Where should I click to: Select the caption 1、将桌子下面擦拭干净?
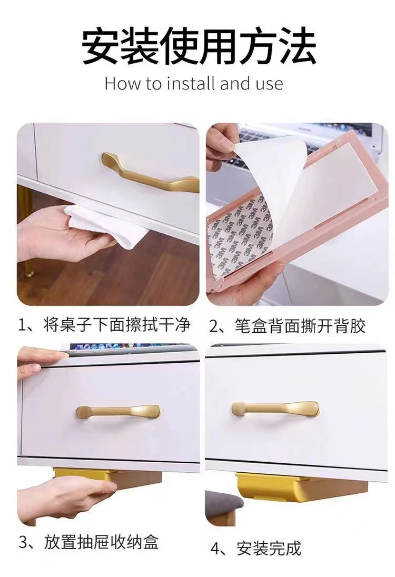[104, 325]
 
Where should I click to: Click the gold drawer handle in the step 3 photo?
[117, 411]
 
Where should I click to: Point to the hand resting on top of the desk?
[39, 358]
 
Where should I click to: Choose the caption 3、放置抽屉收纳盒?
[89, 542]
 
